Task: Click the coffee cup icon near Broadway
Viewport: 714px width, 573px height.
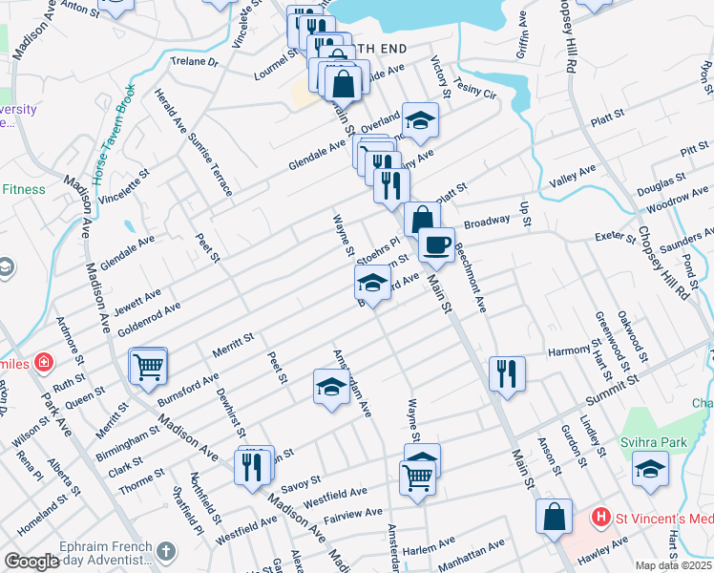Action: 437,244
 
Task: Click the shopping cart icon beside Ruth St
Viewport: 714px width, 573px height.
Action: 148,365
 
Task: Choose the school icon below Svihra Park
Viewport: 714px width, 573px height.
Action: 650,469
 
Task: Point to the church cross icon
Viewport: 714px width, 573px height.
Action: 166,551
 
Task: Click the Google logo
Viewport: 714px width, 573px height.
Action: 31,562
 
